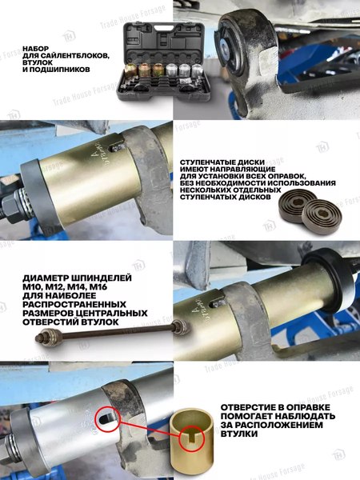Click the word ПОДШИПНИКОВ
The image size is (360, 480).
(x=58, y=70)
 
